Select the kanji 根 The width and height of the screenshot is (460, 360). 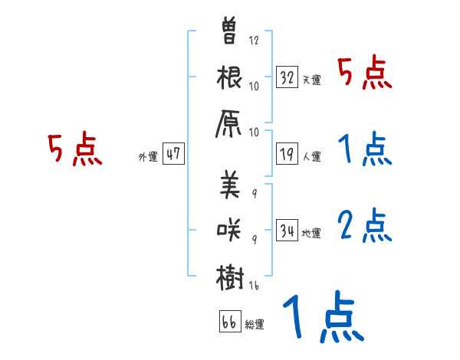230,79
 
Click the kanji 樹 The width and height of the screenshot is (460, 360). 230,276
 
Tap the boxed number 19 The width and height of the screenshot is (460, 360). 287,154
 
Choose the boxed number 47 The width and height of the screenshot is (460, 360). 173,154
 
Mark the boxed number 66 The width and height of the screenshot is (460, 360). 228,321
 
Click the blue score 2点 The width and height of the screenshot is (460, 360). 364,227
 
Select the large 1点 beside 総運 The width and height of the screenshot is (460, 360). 322,317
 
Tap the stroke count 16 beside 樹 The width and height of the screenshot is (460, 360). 255,285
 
